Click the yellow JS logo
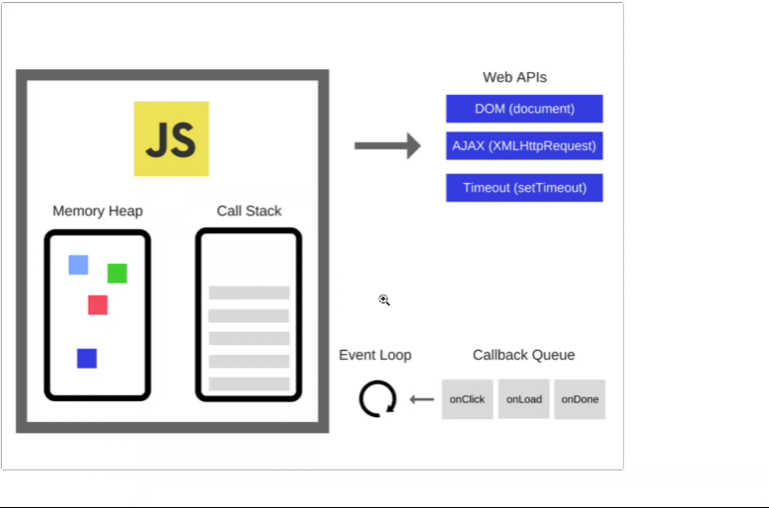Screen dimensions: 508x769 tap(171, 138)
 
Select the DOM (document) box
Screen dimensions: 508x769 tap(524, 109)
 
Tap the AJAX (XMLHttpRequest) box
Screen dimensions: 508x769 tap(524, 145)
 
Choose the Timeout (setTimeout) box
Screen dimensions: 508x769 tap(524, 188)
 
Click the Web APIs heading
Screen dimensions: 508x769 tap(514, 77)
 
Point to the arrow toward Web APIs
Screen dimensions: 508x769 tap(387, 146)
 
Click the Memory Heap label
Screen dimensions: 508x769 tap(98, 211)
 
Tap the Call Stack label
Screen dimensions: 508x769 tap(249, 211)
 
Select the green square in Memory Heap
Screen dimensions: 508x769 tap(116, 273)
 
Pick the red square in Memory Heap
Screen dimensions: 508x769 tap(98, 304)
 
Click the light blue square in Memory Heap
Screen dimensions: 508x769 tap(78, 265)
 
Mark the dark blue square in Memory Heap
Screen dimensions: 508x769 tap(87, 358)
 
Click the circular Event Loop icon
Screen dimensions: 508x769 tap(377, 399)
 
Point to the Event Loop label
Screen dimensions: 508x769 tap(375, 355)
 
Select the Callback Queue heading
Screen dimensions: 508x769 tap(523, 355)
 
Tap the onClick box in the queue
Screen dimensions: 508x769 tap(467, 399)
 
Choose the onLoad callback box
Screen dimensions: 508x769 tap(524, 399)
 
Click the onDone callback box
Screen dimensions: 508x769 tap(579, 399)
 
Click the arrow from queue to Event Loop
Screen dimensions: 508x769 tap(422, 399)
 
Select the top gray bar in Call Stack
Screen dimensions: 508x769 tap(249, 293)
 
